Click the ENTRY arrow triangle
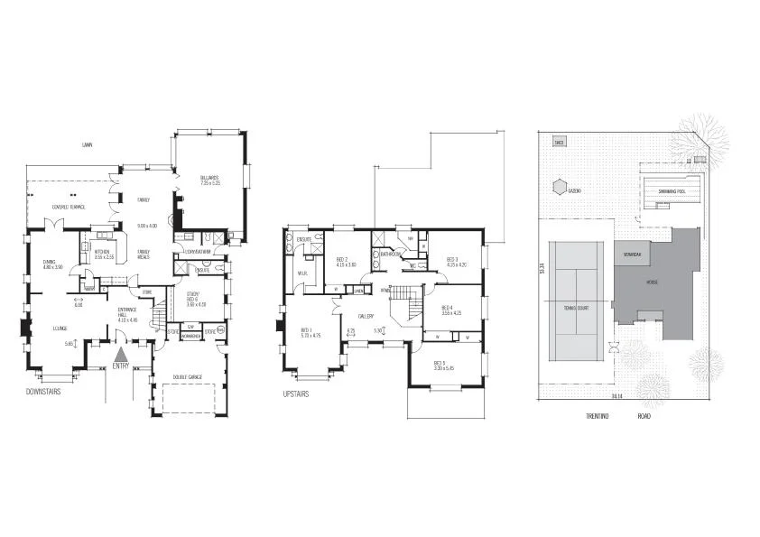coord(121,350)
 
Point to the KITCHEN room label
coord(102,253)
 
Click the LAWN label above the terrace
coord(87,144)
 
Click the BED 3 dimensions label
coord(456,265)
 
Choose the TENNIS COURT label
coord(576,308)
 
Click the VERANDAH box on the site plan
coord(632,255)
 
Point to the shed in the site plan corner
coord(559,143)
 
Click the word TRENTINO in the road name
coord(597,417)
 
